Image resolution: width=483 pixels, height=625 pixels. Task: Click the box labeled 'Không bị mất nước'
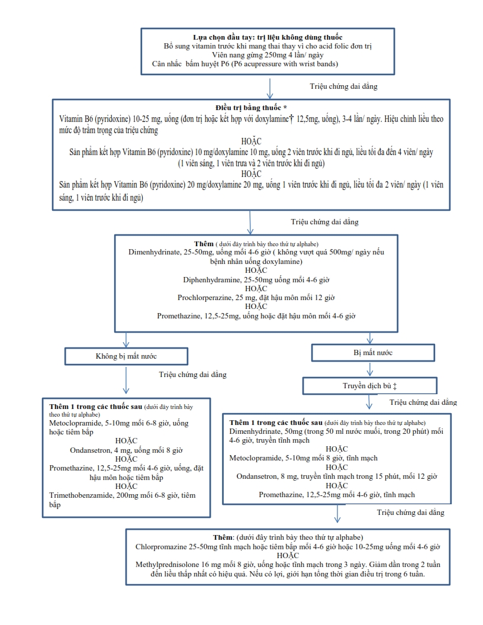(126, 356)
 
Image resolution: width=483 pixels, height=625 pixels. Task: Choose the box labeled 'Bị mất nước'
(369, 353)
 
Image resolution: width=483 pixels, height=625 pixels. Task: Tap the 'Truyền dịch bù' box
(369, 385)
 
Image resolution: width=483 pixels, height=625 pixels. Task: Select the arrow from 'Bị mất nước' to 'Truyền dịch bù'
(369, 369)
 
